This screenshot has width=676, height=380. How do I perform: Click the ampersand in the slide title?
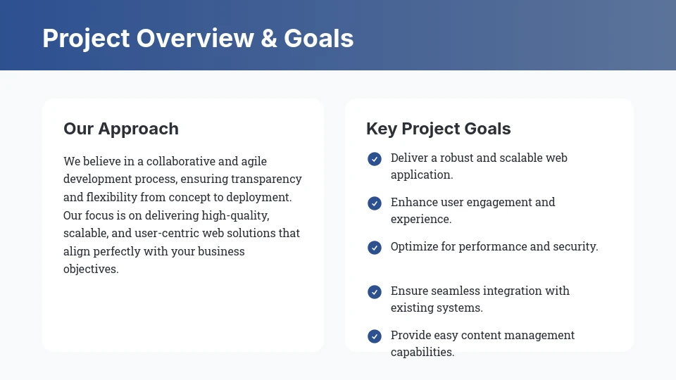click(x=268, y=38)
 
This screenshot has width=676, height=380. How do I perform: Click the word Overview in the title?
click(x=195, y=38)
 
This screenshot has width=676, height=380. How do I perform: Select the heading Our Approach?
click(x=121, y=129)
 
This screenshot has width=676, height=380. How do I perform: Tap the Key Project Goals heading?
click(x=439, y=129)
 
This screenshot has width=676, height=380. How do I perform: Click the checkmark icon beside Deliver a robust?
click(x=375, y=159)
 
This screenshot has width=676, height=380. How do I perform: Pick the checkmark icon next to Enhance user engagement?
click(x=375, y=203)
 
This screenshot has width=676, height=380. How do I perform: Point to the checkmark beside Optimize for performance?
click(x=375, y=248)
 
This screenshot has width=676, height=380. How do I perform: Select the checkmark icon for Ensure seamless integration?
click(x=375, y=292)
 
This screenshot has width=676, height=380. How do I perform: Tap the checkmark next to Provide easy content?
click(x=375, y=336)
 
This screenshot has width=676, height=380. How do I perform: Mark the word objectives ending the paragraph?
click(x=91, y=270)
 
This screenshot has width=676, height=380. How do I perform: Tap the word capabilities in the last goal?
click(x=423, y=353)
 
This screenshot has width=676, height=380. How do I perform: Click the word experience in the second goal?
click(x=421, y=220)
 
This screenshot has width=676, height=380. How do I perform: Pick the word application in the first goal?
click(x=422, y=175)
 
